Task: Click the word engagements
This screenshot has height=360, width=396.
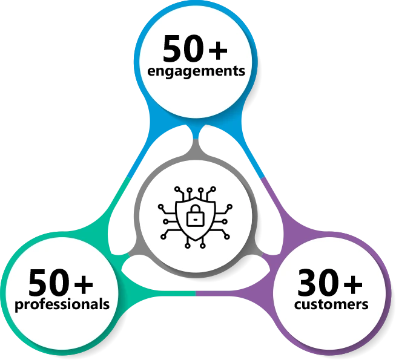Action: click(196, 71)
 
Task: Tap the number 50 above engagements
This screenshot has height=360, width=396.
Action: click(183, 48)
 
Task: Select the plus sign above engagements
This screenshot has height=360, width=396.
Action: click(218, 50)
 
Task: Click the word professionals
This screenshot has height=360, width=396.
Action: click(62, 305)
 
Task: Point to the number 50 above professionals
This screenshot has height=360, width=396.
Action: click(48, 283)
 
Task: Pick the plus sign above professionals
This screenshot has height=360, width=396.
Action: click(84, 284)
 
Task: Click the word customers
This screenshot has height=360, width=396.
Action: click(331, 305)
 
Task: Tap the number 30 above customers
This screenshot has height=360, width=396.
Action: click(318, 283)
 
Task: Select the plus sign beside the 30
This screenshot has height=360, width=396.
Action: click(353, 284)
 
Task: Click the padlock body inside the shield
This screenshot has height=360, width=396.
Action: click(195, 219)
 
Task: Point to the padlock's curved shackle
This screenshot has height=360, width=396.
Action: click(195, 209)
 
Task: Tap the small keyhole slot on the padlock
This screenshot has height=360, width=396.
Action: click(195, 220)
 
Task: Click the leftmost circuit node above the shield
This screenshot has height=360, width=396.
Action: click(177, 189)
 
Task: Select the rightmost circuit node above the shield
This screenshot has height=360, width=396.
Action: click(213, 189)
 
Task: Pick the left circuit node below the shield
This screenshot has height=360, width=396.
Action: click(187, 246)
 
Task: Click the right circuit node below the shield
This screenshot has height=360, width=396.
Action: click(203, 246)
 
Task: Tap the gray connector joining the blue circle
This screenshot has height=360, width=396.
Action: click(196, 148)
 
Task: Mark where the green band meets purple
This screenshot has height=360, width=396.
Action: click(196, 293)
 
